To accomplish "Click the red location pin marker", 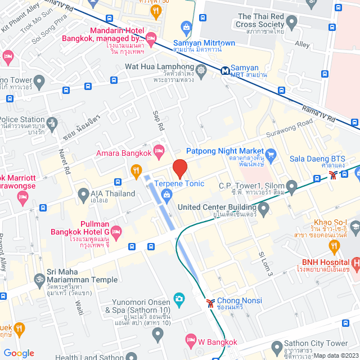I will (x=179, y=169).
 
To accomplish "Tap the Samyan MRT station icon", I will (x=225, y=71).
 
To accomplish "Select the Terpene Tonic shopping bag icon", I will (x=166, y=195).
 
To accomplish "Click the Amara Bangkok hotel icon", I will (x=159, y=150).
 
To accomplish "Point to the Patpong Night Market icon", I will (x=271, y=154).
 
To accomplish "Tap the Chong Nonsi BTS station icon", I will (x=210, y=303).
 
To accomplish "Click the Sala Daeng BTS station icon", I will (x=334, y=175).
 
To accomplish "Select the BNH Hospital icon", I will (x=355, y=263).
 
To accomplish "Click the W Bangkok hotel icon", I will (x=191, y=341).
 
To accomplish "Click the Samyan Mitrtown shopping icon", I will (x=185, y=26).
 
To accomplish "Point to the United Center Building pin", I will (x=264, y=209).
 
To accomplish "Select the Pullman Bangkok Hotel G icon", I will (x=116, y=232).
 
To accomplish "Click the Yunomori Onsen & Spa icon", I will (x=179, y=298).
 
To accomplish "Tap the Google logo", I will (x=19, y=353).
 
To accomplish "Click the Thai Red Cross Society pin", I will (x=291, y=23).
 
